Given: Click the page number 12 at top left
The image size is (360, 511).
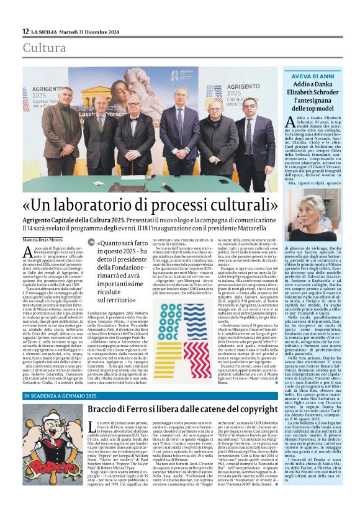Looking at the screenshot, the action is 25,31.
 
